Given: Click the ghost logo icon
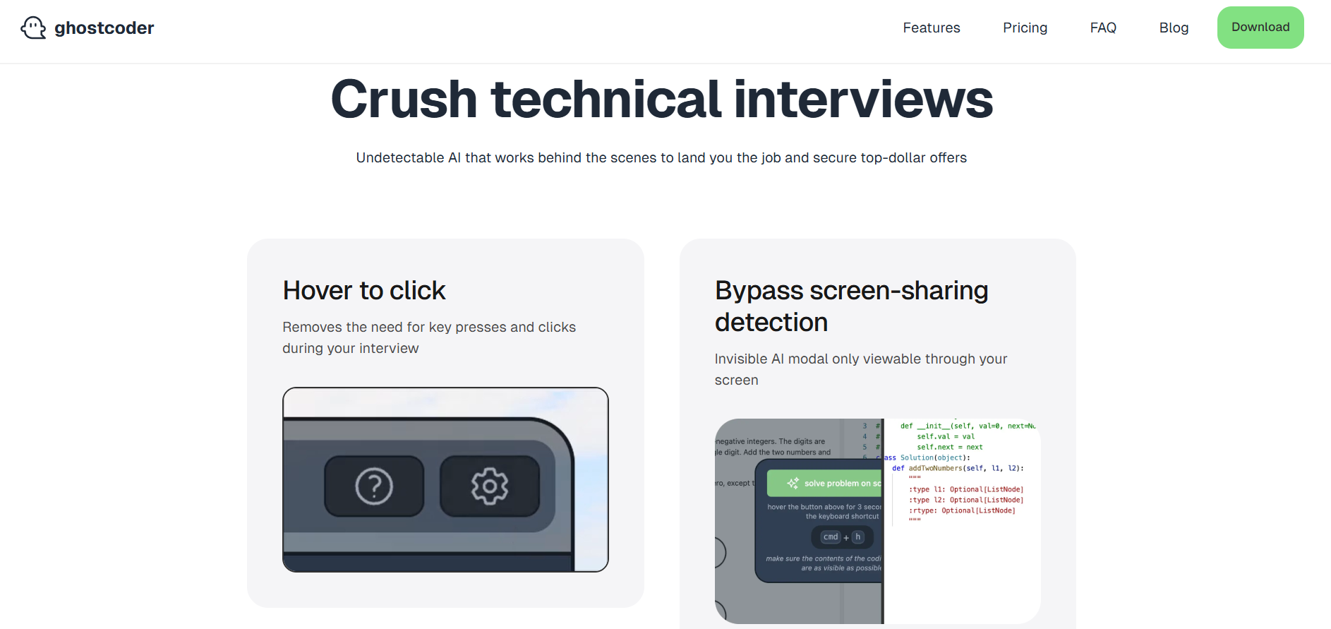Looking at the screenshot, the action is coord(33,28).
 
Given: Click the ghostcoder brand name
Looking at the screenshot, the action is coord(104,28).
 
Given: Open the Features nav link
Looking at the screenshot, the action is coord(931,28).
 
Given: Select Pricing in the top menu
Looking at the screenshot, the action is coord(1025,28).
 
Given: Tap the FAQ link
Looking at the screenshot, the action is coord(1103,28).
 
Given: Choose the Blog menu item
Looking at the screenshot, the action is coord(1174,28).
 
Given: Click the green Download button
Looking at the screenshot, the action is coord(1260,28).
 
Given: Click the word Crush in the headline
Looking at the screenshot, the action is coord(404,100).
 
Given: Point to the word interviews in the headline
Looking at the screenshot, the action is coord(863,100).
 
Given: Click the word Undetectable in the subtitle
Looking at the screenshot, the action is coord(399,158).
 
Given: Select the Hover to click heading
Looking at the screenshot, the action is coord(364,291).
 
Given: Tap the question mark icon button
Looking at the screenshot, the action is coord(374,486).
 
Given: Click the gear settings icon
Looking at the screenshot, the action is coord(490,486).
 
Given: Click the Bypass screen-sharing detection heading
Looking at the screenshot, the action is coord(851,306).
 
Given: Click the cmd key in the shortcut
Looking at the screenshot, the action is coord(831,537).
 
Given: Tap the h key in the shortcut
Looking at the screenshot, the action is coord(858,537).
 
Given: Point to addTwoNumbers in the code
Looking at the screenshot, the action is coord(935,468).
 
